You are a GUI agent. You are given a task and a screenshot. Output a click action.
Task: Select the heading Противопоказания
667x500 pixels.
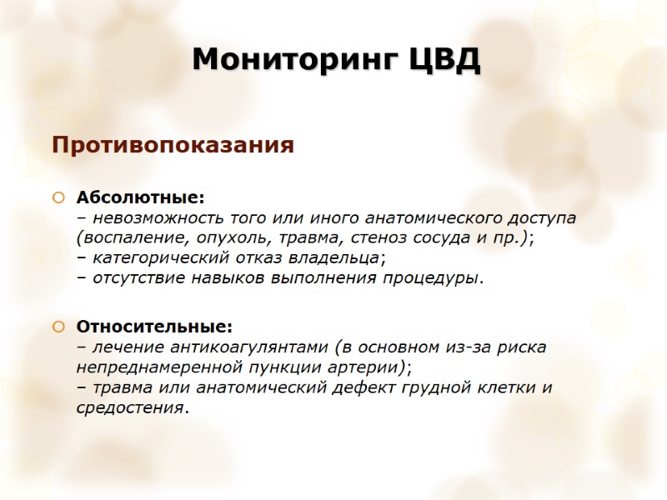point(173,146)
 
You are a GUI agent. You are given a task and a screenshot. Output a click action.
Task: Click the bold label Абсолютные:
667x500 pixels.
point(140,198)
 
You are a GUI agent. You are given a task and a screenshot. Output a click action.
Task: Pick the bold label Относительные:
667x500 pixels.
point(154,325)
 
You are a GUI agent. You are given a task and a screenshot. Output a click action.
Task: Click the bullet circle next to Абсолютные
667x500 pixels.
point(58,198)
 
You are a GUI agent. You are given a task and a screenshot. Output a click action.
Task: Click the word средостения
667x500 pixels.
point(129,408)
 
